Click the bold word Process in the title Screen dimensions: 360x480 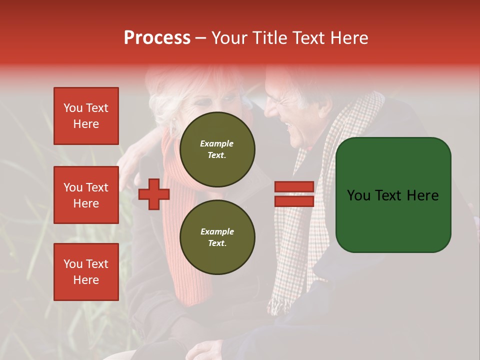point(157,38)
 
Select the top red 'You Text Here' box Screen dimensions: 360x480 point(86,116)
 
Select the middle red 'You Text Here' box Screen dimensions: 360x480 point(86,195)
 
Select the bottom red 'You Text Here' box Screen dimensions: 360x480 point(86,271)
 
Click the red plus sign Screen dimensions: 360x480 point(154,194)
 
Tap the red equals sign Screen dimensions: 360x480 point(294,194)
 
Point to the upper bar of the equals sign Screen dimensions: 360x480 point(294,187)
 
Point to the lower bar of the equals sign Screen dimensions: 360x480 point(294,201)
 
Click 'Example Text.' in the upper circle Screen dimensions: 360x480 point(217,149)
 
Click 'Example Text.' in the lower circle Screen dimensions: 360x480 point(217,237)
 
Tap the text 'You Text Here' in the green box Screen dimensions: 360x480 point(393,195)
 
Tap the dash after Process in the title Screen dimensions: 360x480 point(200,38)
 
